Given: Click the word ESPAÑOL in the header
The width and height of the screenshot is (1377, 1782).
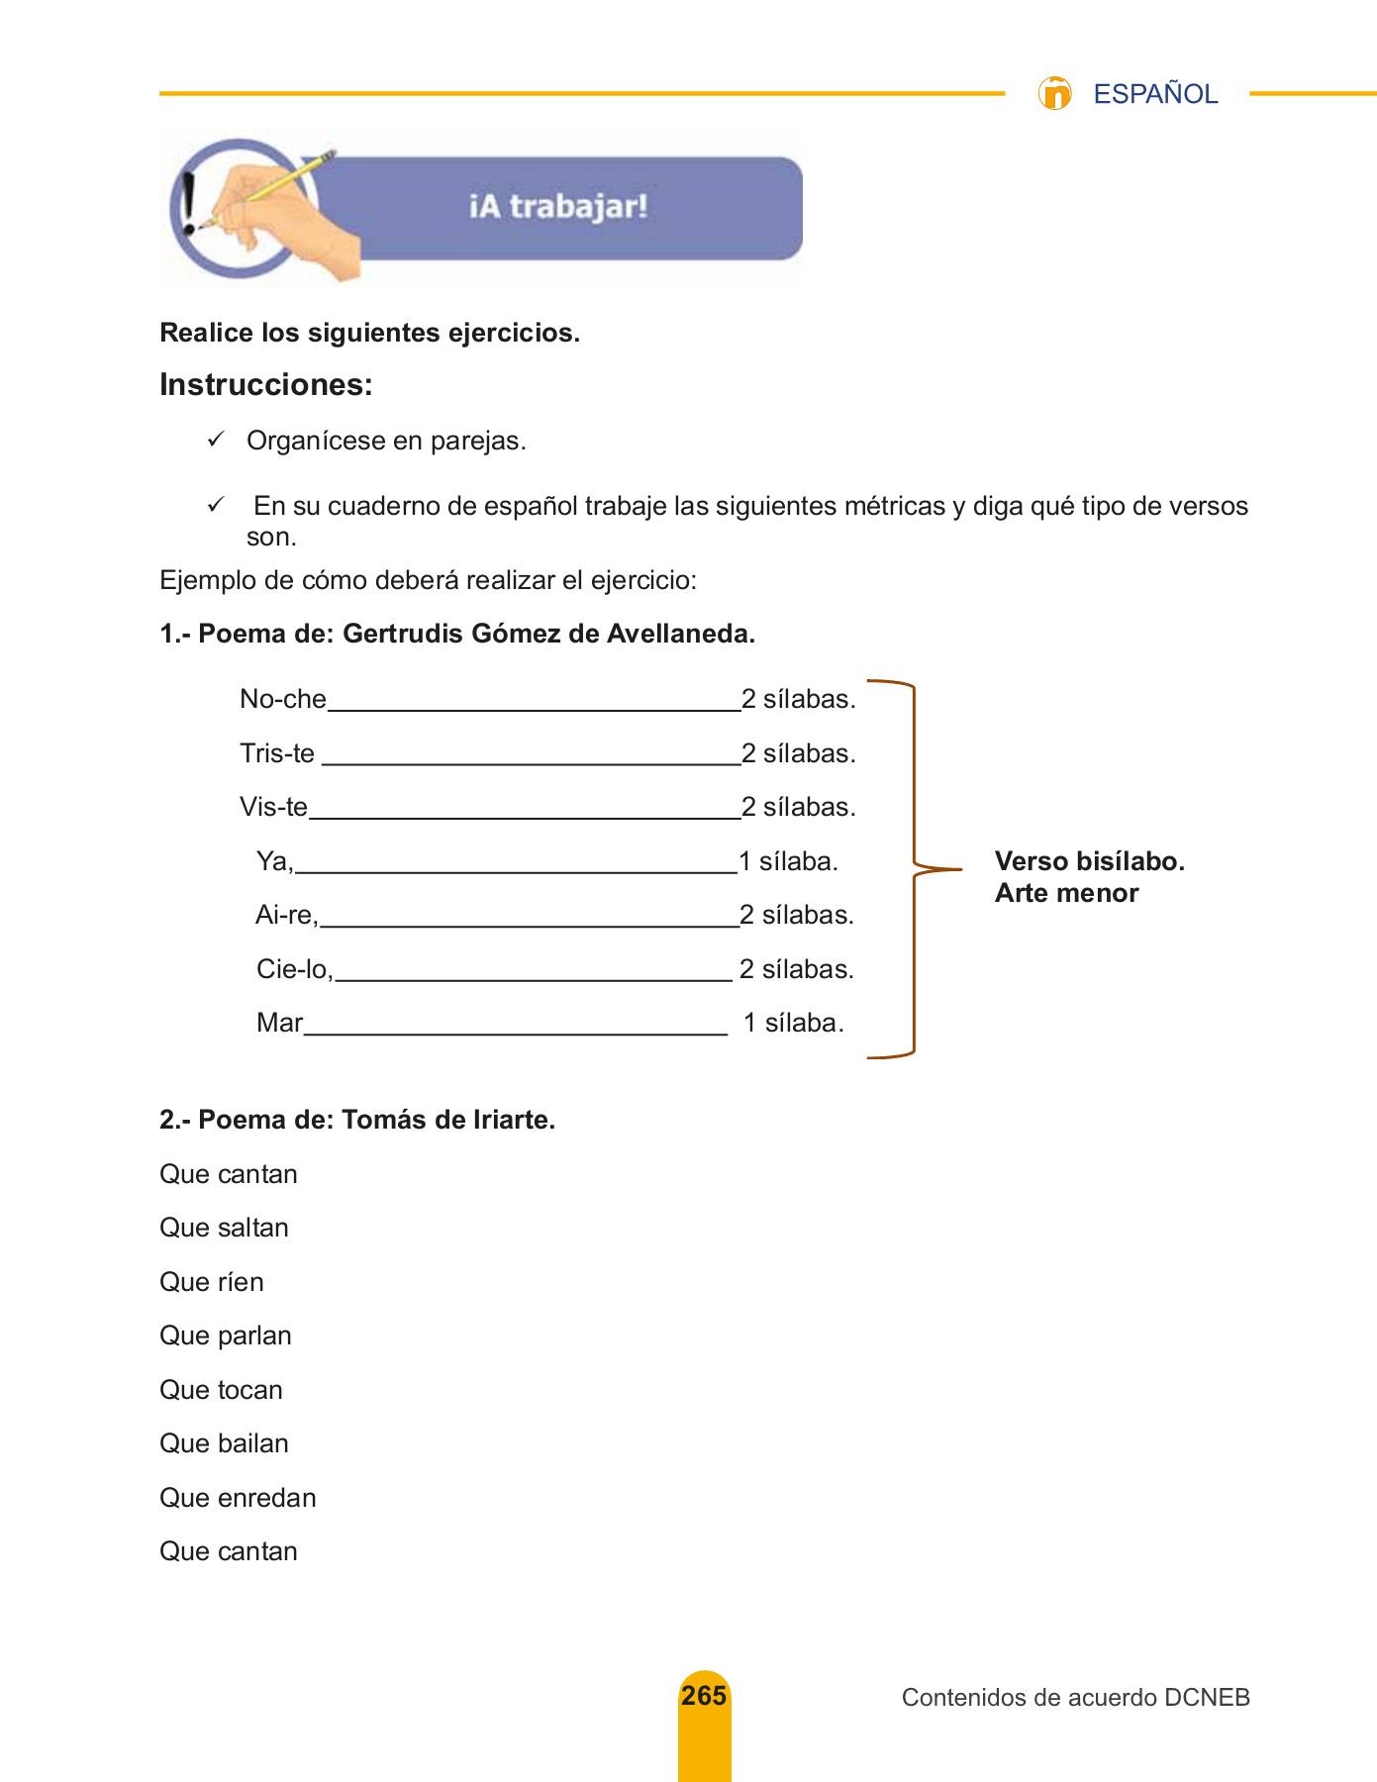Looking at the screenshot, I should [x=1154, y=94].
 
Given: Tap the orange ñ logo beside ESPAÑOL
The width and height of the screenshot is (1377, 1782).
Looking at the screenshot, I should [x=1054, y=93].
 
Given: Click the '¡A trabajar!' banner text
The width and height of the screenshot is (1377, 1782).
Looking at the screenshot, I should [x=558, y=207].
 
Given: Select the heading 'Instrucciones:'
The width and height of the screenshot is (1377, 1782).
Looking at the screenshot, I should [x=266, y=384].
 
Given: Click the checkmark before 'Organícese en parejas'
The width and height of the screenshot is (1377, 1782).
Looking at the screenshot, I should [x=216, y=440].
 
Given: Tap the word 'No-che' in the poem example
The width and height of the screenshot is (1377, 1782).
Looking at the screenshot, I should [x=283, y=699].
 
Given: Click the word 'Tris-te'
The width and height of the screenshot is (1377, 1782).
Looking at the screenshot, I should [x=277, y=753].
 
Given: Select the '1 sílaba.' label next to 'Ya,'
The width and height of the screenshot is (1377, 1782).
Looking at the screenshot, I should [x=789, y=861].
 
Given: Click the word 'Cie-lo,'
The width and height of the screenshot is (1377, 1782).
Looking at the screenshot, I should [x=295, y=969].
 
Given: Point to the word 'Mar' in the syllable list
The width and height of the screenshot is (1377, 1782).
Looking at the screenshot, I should [x=280, y=1023].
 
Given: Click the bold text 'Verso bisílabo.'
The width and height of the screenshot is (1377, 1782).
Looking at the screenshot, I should [x=1089, y=861].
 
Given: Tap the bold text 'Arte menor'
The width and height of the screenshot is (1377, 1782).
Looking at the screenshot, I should [x=1066, y=893].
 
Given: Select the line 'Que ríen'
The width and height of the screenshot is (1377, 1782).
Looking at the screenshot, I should [x=212, y=1282].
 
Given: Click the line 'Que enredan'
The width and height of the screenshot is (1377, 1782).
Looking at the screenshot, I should [x=238, y=1498].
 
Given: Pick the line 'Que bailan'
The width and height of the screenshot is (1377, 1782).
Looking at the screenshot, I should [x=224, y=1443].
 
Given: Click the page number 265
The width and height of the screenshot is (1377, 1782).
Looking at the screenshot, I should [x=704, y=1696].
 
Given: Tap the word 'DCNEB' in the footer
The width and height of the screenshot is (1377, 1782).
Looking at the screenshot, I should [x=1207, y=1698].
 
